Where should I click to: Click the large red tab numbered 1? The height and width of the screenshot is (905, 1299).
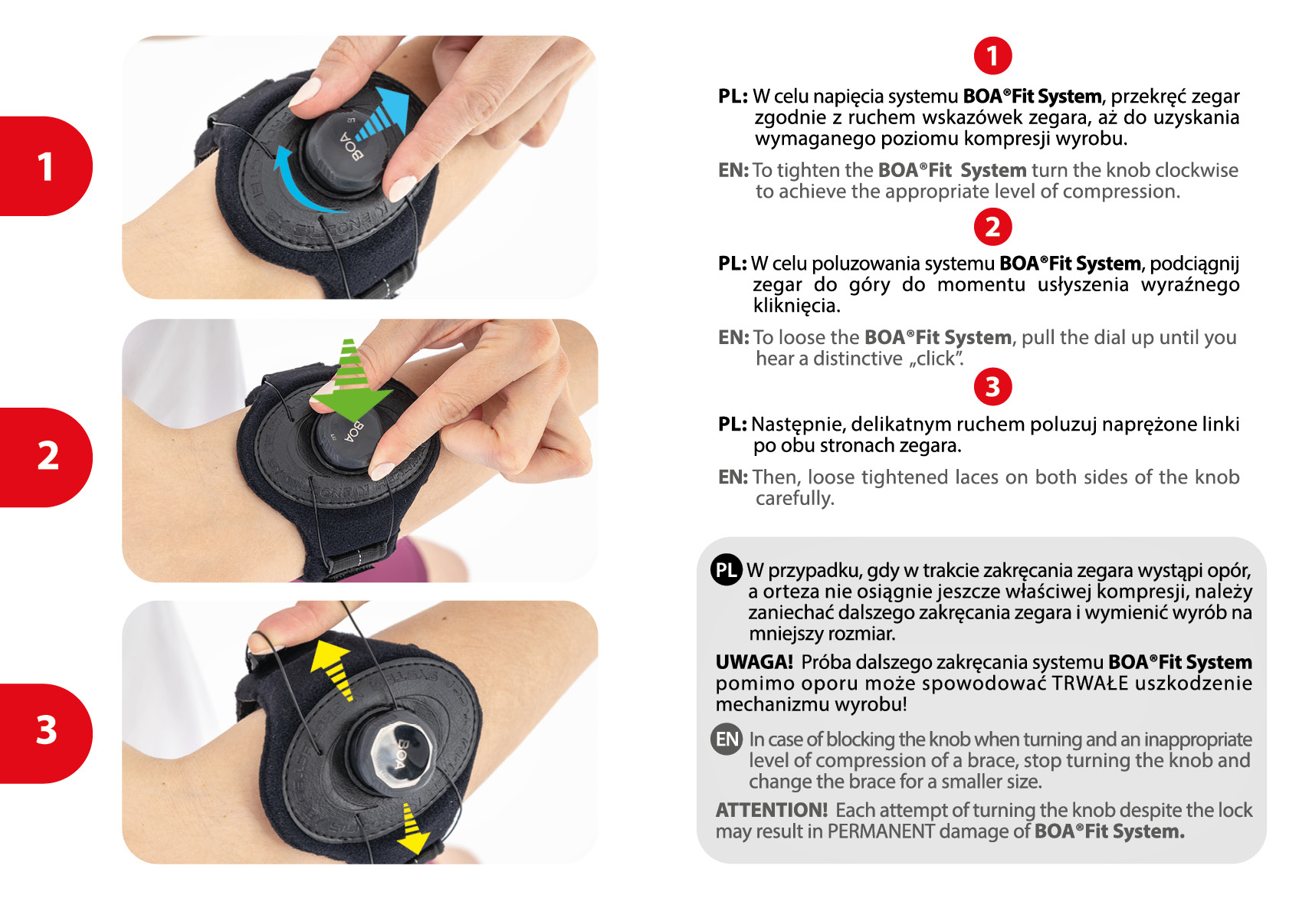coord(45,166)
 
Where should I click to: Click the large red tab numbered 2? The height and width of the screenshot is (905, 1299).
coord(45,457)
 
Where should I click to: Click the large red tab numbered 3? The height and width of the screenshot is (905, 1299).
coord(45,733)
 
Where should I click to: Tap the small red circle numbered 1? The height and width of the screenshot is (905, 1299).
coord(992,56)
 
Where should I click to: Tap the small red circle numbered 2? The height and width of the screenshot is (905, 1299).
coord(992,227)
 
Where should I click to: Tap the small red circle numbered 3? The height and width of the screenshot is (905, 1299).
coord(992,387)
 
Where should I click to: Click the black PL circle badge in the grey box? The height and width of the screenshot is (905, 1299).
coord(726,569)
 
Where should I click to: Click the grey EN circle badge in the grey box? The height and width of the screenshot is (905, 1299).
coord(726,739)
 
